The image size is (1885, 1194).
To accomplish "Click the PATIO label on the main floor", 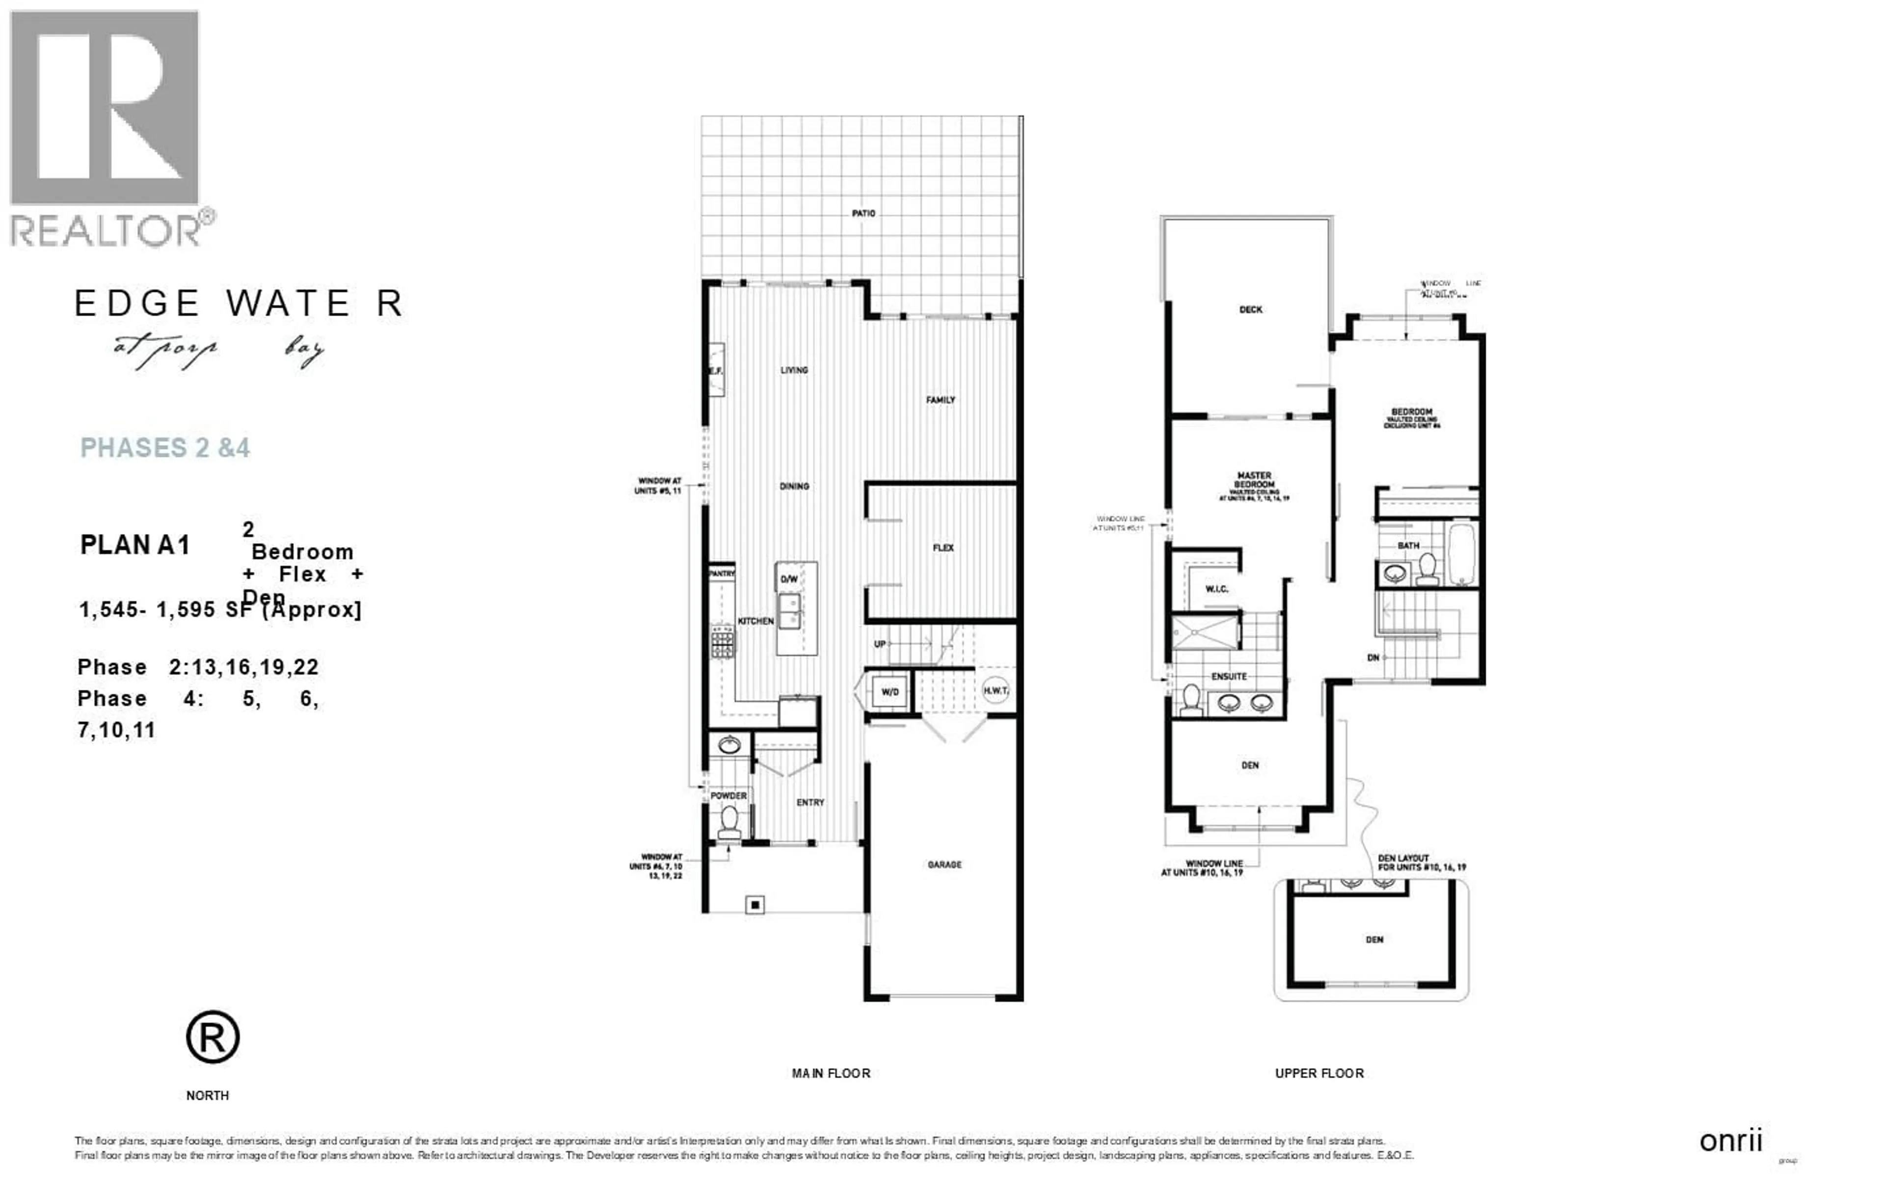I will coord(863,213).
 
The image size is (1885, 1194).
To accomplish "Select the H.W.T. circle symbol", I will coord(995,690).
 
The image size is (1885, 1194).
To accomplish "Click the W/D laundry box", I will coord(890,691).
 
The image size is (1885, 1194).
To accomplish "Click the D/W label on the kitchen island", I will coord(788,579).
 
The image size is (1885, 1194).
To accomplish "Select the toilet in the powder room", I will coord(729,822).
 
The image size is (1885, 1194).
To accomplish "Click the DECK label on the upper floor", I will coord(1250,309).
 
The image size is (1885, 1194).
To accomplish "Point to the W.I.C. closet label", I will coord(1216,589).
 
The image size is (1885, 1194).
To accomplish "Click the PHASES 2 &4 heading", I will coord(165,448).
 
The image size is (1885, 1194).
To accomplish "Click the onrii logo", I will coord(1730,1141).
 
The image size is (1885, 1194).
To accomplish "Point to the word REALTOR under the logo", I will coord(106,231).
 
